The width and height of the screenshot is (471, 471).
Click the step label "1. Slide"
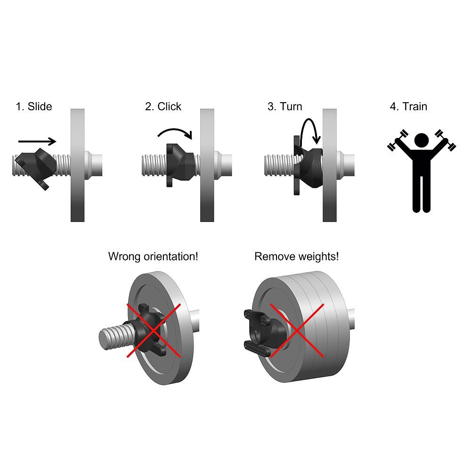(34, 106)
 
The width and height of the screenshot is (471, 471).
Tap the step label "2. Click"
(163, 106)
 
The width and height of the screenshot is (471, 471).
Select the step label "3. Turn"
(285, 106)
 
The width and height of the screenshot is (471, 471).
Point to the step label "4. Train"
(408, 106)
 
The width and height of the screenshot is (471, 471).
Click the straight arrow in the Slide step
(37, 141)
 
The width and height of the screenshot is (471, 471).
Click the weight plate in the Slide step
(78, 165)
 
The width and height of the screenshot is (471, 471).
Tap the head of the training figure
(422, 140)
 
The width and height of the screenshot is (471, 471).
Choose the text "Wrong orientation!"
(153, 257)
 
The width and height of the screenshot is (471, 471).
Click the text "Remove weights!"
(296, 257)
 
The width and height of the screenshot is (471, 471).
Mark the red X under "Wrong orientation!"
(154, 331)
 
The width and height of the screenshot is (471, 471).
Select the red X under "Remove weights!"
(297, 331)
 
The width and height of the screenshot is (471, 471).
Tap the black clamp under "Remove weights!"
(264, 332)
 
